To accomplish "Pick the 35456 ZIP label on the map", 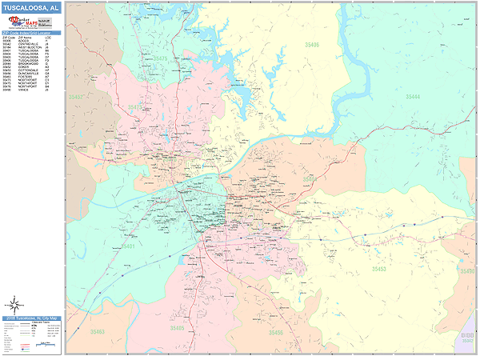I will (x=276, y=332).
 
